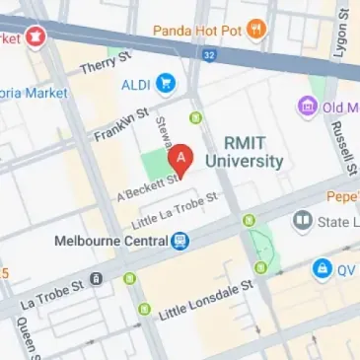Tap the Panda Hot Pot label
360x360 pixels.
197,30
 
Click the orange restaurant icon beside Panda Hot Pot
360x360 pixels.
257,29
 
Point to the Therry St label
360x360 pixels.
102,65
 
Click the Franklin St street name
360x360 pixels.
121,125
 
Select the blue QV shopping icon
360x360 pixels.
322,267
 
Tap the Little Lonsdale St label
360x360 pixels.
207,297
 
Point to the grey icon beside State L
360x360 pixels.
303,222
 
